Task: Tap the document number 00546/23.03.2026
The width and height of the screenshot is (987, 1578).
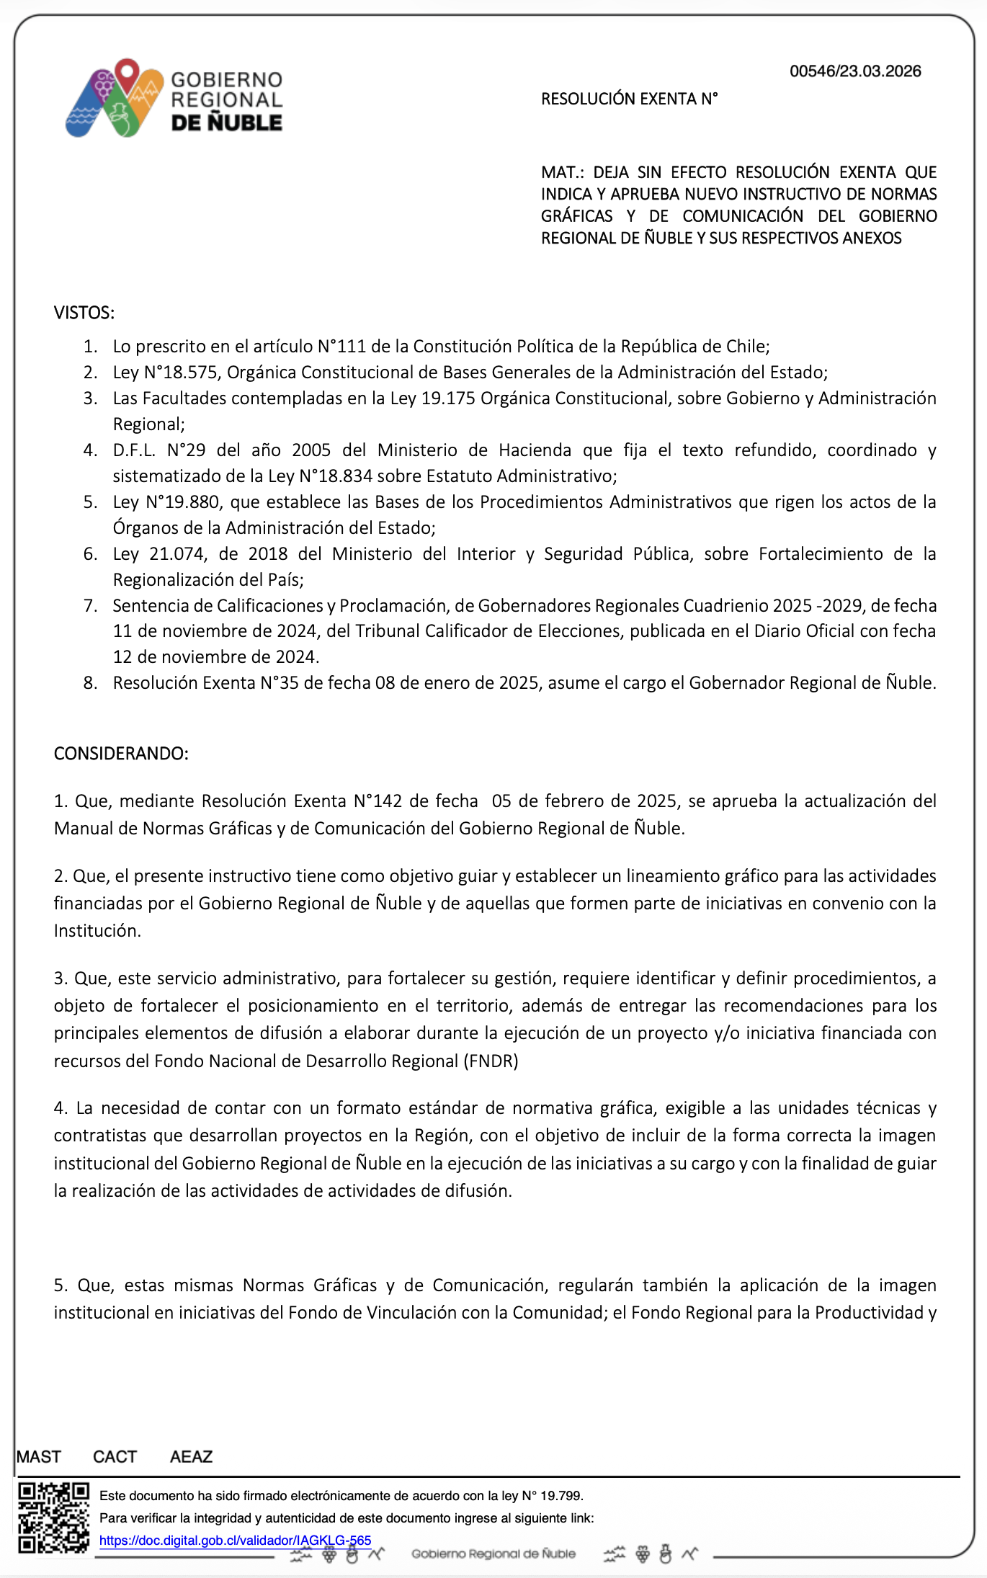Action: pyautogui.click(x=855, y=71)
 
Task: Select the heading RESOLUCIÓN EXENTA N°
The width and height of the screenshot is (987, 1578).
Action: pyautogui.click(x=629, y=99)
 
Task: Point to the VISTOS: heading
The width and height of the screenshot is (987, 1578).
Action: pyautogui.click(x=84, y=313)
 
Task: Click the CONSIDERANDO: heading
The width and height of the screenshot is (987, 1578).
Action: pyautogui.click(x=121, y=754)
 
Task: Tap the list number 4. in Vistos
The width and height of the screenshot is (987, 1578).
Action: pyautogui.click(x=90, y=450)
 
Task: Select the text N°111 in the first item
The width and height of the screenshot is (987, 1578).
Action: pyautogui.click(x=342, y=347)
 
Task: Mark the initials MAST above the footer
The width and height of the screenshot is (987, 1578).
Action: pyautogui.click(x=39, y=1457)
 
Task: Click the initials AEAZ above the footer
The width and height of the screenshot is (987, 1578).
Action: pyautogui.click(x=191, y=1457)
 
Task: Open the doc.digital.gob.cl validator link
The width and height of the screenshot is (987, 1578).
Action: pyautogui.click(x=235, y=1541)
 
